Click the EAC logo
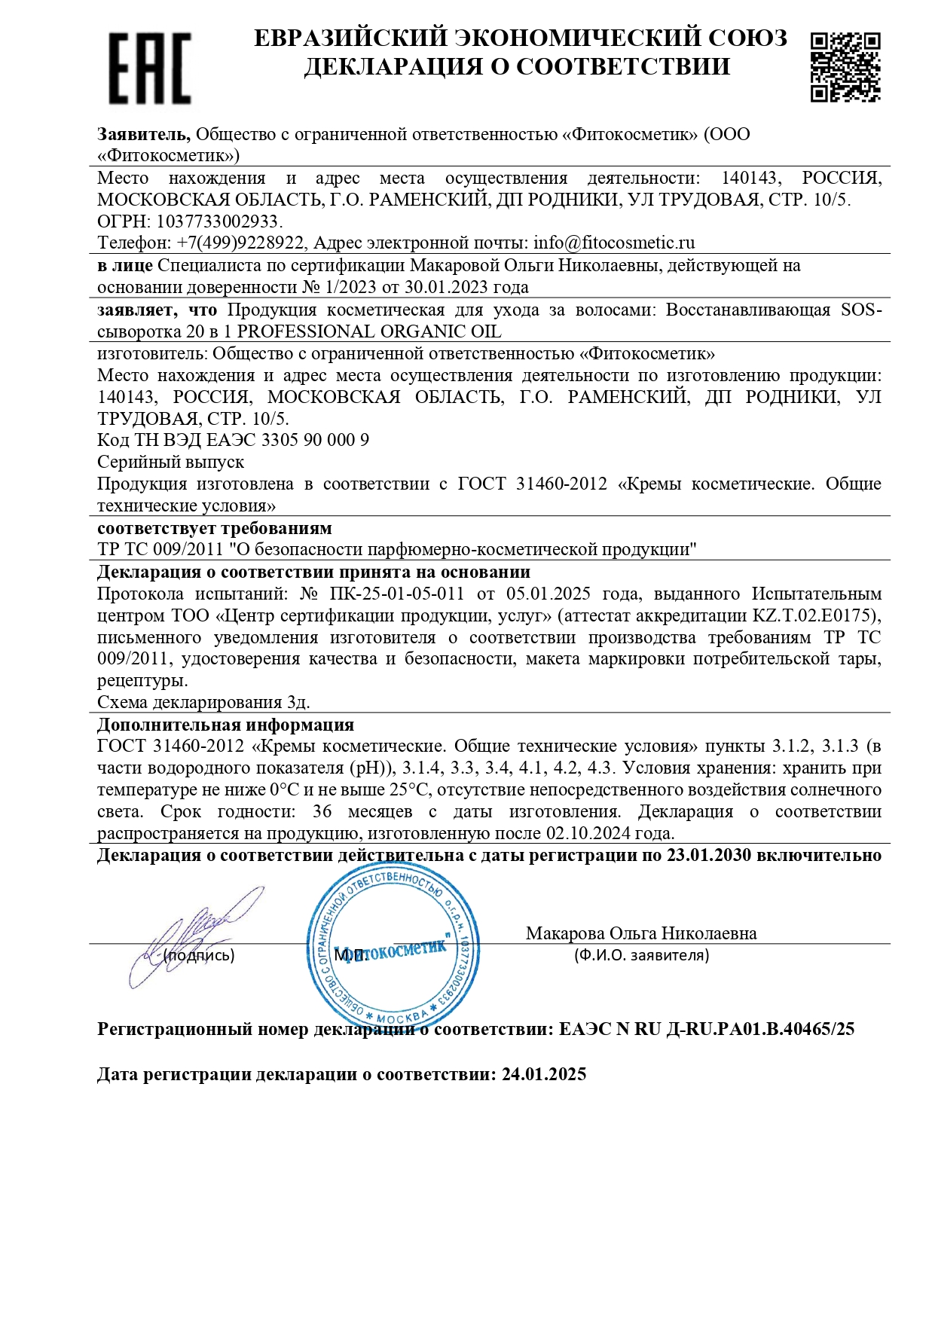pos(149,68)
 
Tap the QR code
pos(845,67)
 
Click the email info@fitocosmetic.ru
pos(614,243)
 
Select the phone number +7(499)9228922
pos(240,243)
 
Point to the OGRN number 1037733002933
pos(218,221)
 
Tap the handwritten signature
pos(196,934)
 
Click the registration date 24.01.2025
pos(544,1074)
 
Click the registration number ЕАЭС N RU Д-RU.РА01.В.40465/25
pos(707,1030)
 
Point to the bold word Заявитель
pos(143,135)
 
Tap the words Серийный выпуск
pos(170,462)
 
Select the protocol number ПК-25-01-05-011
pos(397,594)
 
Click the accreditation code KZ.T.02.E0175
pos(814,616)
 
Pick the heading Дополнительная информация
pos(225,725)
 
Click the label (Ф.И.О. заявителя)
pos(641,956)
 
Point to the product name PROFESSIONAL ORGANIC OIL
pos(369,332)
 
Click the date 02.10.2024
pos(588,834)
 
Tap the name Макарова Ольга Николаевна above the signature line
pos(641,934)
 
